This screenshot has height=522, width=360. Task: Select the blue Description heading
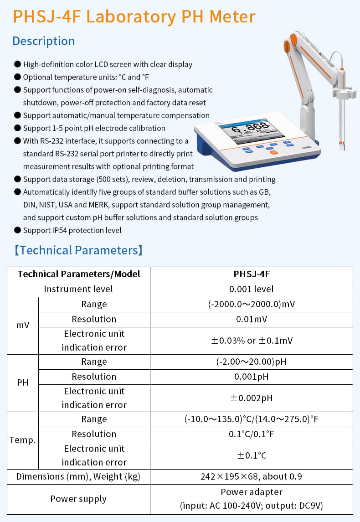43,41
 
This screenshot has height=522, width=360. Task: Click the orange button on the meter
273,152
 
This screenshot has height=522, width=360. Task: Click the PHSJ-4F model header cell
252,274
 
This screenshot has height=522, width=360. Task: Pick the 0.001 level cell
252,289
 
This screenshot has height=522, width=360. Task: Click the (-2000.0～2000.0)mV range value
252,304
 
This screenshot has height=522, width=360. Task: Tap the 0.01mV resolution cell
252,319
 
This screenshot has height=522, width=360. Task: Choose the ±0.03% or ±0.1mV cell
252,340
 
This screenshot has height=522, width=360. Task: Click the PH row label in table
23,382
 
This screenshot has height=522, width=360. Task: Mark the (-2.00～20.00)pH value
252,362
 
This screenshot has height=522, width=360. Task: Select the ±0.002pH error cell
252,398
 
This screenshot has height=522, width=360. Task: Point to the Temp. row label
23,440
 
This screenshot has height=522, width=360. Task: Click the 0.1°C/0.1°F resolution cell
252,434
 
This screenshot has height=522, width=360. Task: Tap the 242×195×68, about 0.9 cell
252,476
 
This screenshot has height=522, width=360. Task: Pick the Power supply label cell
78,499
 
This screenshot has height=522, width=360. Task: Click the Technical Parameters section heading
78,250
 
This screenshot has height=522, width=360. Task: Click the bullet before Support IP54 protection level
17,230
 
